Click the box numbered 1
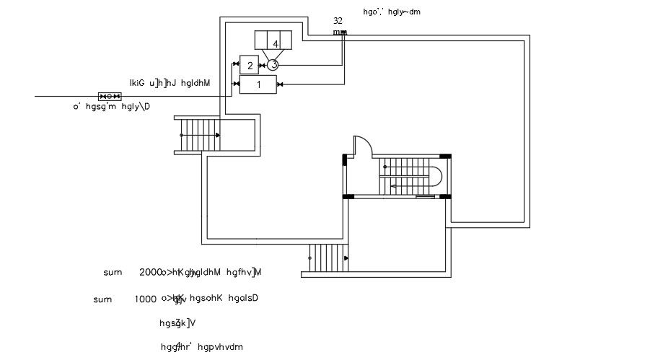258,84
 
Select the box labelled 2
249,66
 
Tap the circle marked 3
273,65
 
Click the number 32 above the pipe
338,21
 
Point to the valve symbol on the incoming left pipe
110,96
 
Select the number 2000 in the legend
151,273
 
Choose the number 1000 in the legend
146,299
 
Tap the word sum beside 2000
113,273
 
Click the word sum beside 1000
102,299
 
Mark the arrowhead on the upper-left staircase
217,135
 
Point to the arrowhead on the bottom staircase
347,258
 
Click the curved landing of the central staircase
436,175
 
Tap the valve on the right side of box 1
280,84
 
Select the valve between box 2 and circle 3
262,66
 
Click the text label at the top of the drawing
392,12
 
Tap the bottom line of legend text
201,347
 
